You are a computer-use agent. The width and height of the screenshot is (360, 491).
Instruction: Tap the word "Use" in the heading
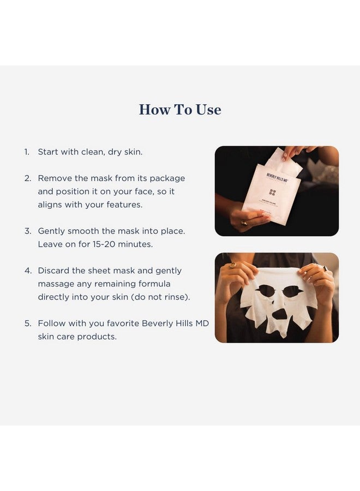(x=209, y=110)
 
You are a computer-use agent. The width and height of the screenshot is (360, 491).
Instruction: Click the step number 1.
(x=26, y=152)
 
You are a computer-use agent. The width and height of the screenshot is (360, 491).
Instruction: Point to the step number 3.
(x=27, y=231)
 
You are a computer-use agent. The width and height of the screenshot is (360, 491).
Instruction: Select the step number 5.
(x=27, y=324)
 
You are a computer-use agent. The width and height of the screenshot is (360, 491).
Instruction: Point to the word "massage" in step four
(x=57, y=284)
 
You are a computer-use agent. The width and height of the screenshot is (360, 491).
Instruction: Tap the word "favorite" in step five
(x=120, y=324)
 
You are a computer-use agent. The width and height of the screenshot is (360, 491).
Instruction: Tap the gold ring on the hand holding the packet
(x=244, y=223)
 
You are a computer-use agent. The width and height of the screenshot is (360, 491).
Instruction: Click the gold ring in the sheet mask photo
(x=233, y=266)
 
